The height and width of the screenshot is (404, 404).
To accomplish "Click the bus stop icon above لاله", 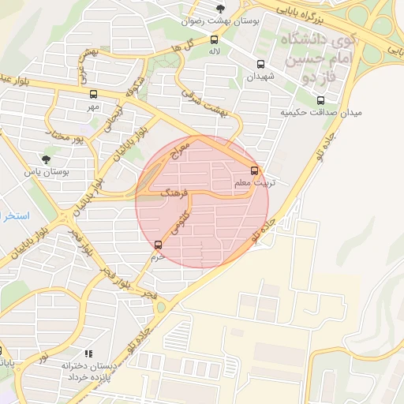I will pyautogui.click(x=214, y=39).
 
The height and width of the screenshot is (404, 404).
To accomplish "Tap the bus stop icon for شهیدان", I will pyautogui.click(x=260, y=64).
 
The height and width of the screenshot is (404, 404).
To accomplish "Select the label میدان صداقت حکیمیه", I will pyautogui.click(x=321, y=113).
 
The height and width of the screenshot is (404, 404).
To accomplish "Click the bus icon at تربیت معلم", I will pyautogui.click(x=254, y=170).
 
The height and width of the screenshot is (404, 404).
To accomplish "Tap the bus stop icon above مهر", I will pyautogui.click(x=94, y=93).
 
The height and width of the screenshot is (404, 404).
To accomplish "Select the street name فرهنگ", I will pyautogui.click(x=174, y=192).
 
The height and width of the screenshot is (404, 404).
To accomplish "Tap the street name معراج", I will pyautogui.click(x=181, y=152).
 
